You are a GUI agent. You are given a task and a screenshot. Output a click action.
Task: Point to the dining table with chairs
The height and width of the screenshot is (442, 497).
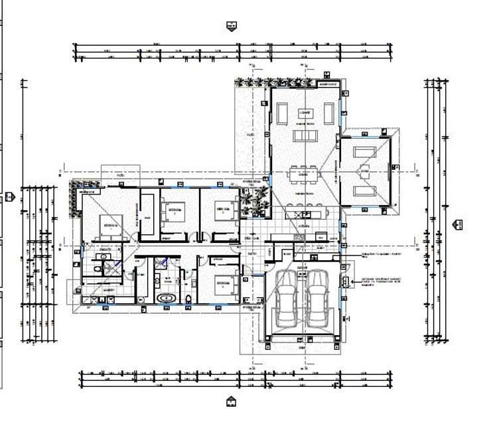(305, 175)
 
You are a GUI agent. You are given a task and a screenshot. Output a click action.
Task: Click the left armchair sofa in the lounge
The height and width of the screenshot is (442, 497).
(283, 115)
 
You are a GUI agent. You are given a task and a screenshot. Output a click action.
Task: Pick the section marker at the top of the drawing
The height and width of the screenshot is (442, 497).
(232, 27)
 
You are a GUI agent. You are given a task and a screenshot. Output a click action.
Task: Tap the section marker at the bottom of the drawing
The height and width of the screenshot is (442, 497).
(231, 402)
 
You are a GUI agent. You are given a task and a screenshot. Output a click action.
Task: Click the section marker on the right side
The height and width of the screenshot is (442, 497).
(457, 225)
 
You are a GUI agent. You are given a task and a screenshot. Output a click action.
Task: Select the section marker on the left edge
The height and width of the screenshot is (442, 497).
(9, 196)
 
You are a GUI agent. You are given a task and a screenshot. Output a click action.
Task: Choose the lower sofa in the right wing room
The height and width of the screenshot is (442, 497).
(364, 191)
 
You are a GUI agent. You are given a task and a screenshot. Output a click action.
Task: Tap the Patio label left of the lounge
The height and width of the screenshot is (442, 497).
(251, 135)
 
